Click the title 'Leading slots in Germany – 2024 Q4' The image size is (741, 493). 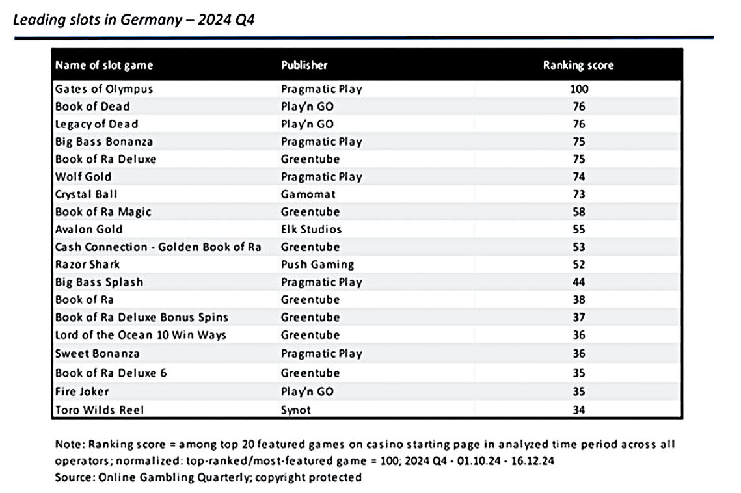click(x=134, y=20)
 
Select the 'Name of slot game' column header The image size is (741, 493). click(x=104, y=65)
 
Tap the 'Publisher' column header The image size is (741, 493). click(x=304, y=65)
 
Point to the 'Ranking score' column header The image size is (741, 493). click(x=578, y=66)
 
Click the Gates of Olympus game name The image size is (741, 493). click(x=104, y=89)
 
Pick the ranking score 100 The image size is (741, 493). click(x=579, y=89)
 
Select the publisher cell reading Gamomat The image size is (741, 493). click(x=308, y=194)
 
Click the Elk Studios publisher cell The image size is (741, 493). click(x=311, y=229)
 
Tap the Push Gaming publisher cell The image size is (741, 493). click(x=317, y=265)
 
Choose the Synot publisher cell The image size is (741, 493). click(x=296, y=410)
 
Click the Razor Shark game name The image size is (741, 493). click(x=87, y=264)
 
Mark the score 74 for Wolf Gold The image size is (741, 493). click(x=579, y=177)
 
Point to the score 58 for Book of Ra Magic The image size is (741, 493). click(x=579, y=212)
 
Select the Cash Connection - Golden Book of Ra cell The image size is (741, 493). click(x=158, y=246)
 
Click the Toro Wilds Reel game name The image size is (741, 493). click(x=100, y=410)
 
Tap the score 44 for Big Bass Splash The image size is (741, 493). click(x=579, y=282)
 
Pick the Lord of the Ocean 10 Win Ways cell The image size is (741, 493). click(x=141, y=335)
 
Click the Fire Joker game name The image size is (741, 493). click(x=82, y=392)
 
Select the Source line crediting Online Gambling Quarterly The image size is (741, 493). click(x=208, y=477)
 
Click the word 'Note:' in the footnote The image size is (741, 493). click(x=70, y=444)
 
